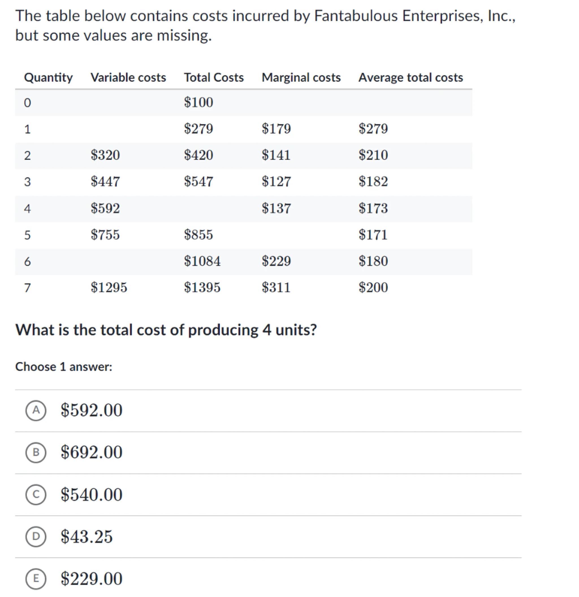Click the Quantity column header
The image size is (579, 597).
(x=48, y=78)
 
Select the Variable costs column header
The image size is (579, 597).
(x=128, y=78)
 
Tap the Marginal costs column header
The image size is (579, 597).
(x=301, y=78)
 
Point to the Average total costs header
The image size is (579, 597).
(x=410, y=78)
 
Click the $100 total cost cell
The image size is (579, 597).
(x=198, y=102)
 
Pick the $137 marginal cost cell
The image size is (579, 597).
(x=276, y=209)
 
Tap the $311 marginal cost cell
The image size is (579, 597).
(x=276, y=288)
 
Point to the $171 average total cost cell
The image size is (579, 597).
(x=373, y=235)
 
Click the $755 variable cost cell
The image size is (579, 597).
(x=105, y=235)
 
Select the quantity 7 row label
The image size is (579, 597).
(x=27, y=288)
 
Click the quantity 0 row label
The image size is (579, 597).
(x=27, y=103)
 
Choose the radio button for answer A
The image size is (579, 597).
(x=36, y=410)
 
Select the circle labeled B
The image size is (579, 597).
(x=36, y=452)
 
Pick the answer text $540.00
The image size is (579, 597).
(x=91, y=495)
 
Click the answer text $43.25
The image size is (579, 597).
(x=87, y=537)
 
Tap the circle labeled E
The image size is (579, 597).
(x=36, y=578)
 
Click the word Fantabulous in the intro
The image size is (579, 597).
(x=355, y=16)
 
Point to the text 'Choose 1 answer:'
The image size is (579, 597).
(x=64, y=367)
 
